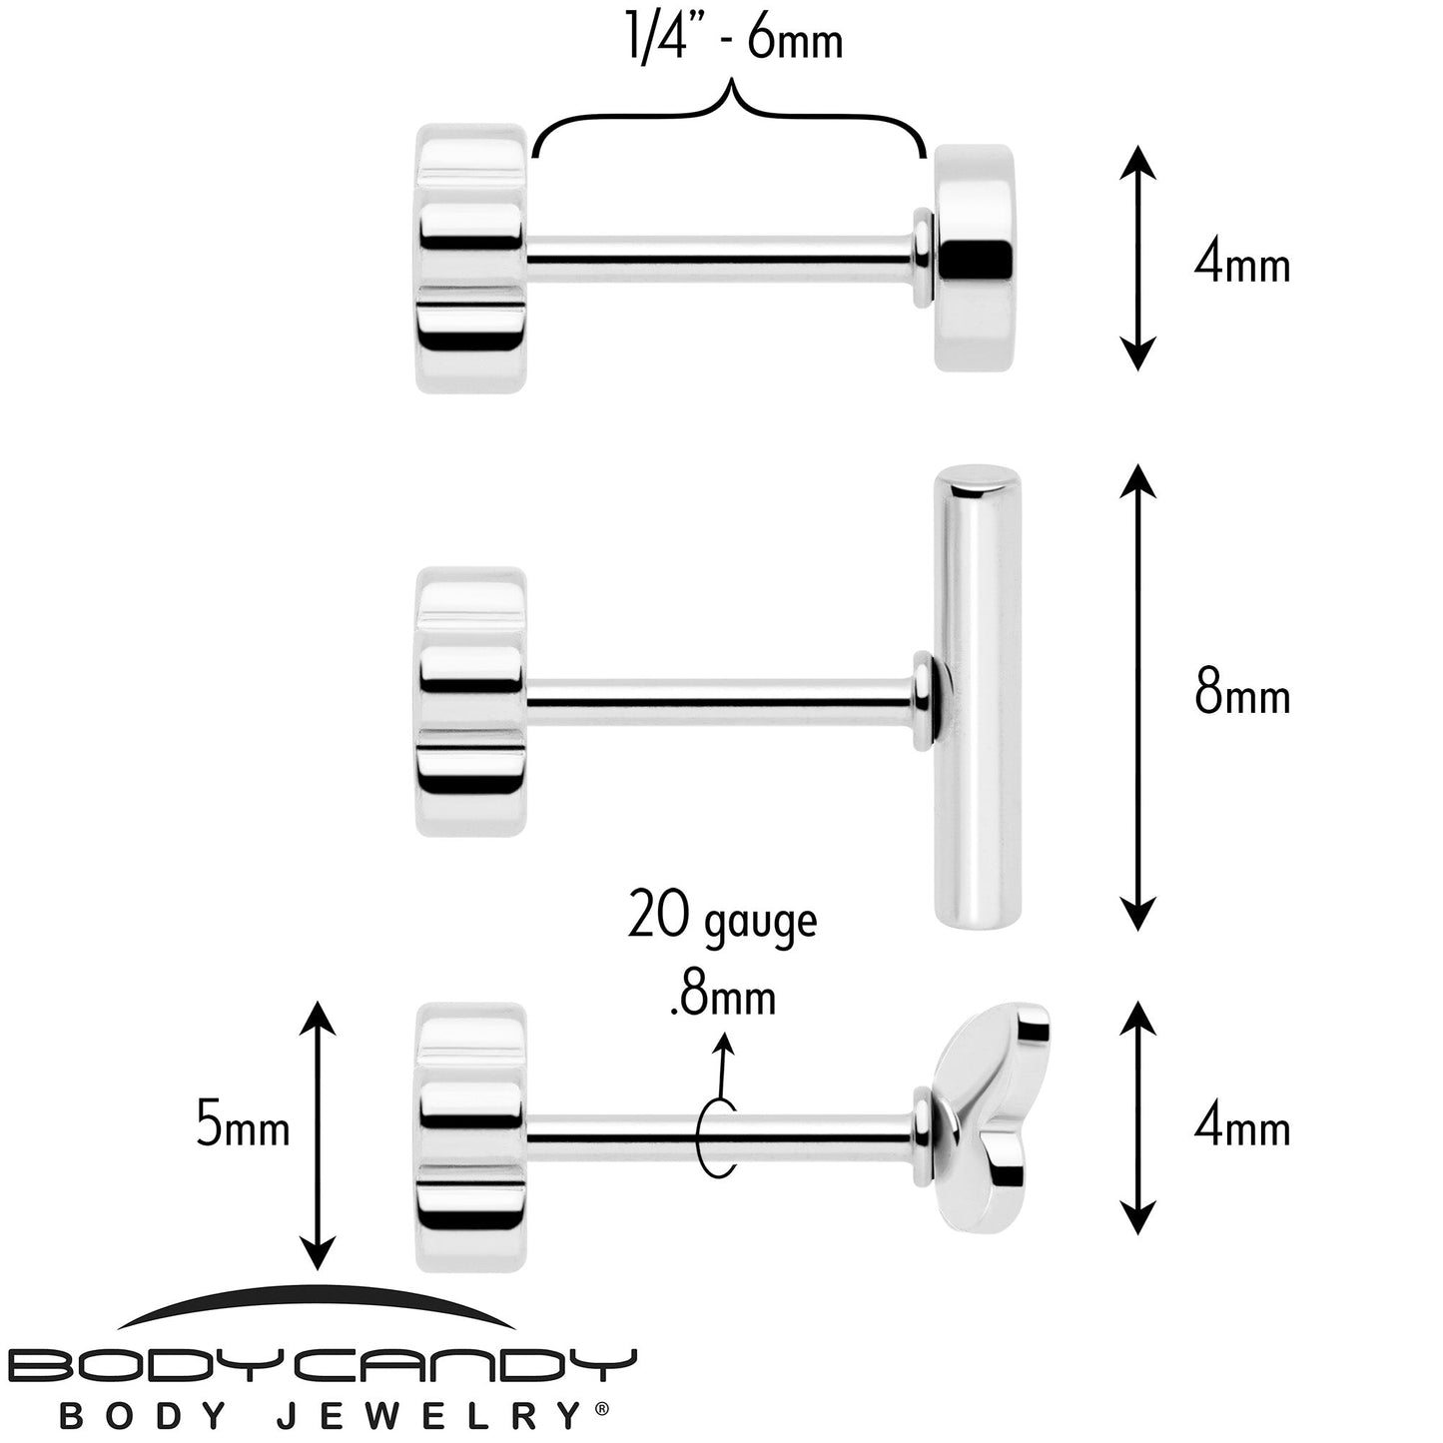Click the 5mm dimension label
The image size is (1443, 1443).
click(x=242, y=1123)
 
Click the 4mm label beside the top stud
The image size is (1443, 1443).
click(x=1241, y=265)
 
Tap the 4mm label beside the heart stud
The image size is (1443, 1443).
click(x=1241, y=1127)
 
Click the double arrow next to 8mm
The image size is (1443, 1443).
click(x=1137, y=697)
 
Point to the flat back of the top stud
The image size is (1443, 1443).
click(x=471, y=259)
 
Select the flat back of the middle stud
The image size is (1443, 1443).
click(x=471, y=702)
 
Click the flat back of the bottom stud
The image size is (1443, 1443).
click(x=471, y=1137)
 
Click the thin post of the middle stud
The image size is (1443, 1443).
click(x=721, y=702)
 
